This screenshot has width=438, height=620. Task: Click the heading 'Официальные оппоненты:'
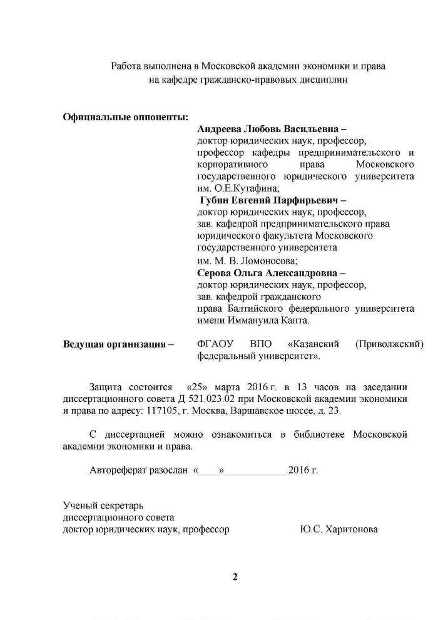(125, 116)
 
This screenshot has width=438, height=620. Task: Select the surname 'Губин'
(214, 200)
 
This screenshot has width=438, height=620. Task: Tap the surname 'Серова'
(213, 273)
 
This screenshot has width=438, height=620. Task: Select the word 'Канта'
(295, 321)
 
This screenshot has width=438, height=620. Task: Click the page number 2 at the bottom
(235, 577)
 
